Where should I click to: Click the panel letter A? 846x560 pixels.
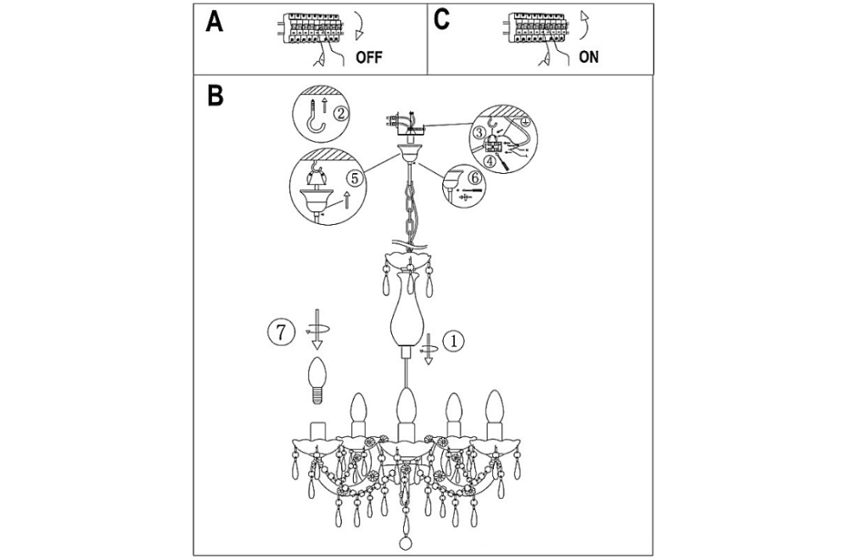(214, 22)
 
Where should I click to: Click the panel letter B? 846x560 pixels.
(216, 96)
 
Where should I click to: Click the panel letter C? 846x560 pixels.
(441, 20)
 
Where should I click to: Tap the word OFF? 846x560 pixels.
(369, 57)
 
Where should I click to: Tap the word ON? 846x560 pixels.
(589, 57)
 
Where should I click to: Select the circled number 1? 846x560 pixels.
(453, 340)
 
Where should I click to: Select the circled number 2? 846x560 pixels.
(340, 114)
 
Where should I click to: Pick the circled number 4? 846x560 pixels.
(490, 160)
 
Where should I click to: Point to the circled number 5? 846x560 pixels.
(353, 177)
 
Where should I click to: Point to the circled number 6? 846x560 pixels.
(473, 176)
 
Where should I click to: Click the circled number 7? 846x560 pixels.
(281, 332)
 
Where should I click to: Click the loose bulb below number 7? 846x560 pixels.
(317, 380)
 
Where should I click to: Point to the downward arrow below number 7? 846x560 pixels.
(317, 328)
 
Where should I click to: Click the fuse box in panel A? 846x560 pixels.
(311, 29)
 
